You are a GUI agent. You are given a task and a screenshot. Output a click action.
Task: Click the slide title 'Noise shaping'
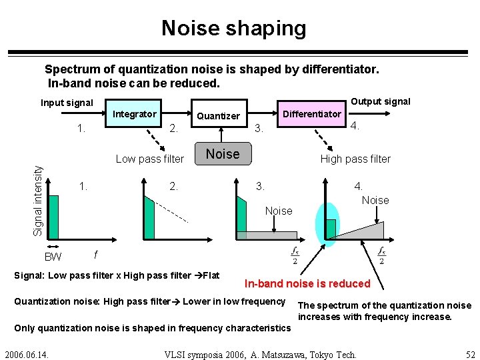tap(234, 28)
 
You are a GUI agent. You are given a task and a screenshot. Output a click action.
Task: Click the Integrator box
tap(135, 114)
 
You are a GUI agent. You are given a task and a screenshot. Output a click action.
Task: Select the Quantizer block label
tap(218, 116)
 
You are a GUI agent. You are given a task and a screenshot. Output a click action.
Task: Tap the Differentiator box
tap(311, 113)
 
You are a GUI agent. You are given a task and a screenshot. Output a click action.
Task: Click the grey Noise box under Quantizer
tap(223, 154)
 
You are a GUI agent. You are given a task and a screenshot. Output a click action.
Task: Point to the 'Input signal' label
tap(67, 103)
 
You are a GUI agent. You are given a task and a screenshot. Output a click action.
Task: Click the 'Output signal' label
tap(381, 101)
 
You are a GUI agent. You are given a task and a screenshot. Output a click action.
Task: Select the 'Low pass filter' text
tap(149, 159)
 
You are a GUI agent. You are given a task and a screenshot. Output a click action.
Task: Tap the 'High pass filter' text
tap(355, 159)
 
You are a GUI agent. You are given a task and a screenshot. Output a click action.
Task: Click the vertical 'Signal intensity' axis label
tap(39, 200)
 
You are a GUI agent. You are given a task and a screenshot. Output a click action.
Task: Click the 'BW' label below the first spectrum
tap(53, 257)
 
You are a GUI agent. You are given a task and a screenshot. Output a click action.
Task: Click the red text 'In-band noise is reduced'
tap(307, 283)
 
